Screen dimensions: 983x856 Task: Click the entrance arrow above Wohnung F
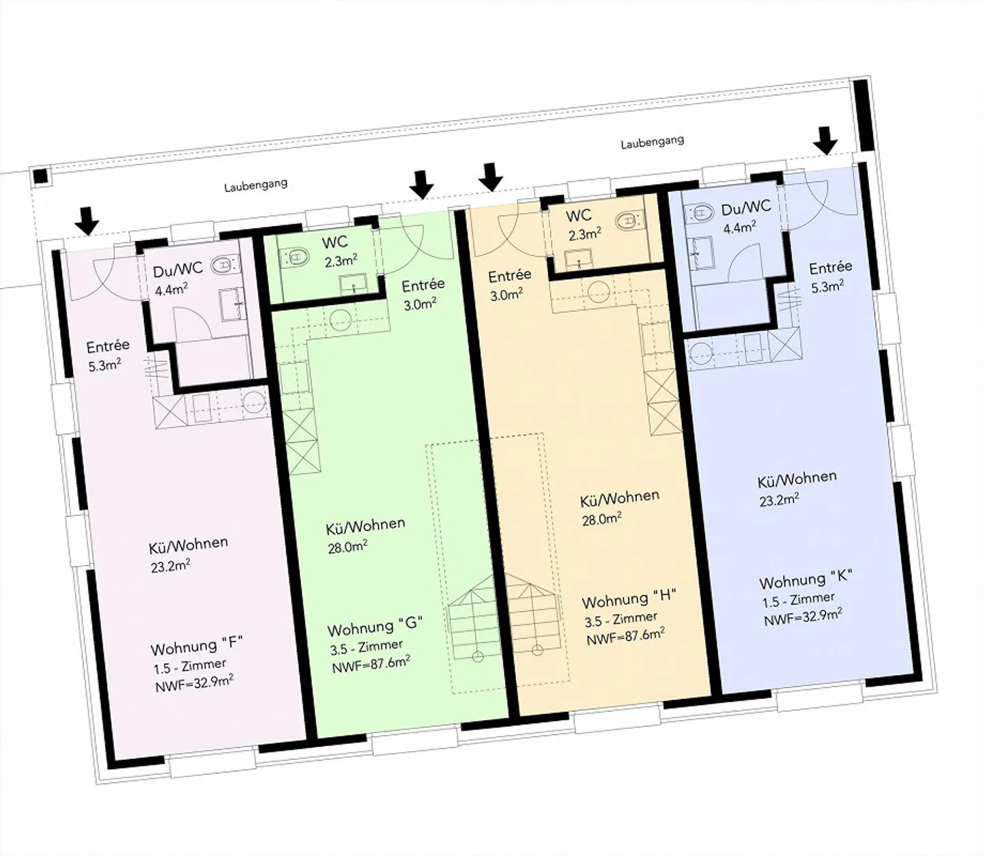point(88,221)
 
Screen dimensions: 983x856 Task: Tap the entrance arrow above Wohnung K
point(826,141)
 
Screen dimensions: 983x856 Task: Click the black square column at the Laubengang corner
point(42,176)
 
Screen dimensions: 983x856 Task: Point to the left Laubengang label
point(255,184)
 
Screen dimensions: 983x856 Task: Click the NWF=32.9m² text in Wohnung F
point(195,683)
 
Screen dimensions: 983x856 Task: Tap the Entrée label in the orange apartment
point(510,276)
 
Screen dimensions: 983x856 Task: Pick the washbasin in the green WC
point(353,285)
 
